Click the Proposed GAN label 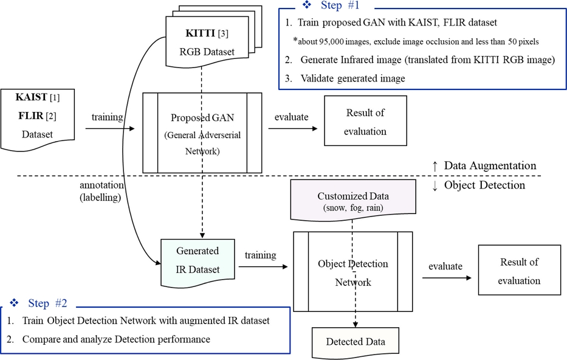tap(202, 118)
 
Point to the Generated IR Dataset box tap(197, 260)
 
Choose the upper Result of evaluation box tap(365, 122)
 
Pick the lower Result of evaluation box tap(519, 271)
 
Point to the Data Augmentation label tap(490, 165)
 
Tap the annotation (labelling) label tap(101, 190)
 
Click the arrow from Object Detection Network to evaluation tap(447, 278)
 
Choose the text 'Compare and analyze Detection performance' tap(116, 339)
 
